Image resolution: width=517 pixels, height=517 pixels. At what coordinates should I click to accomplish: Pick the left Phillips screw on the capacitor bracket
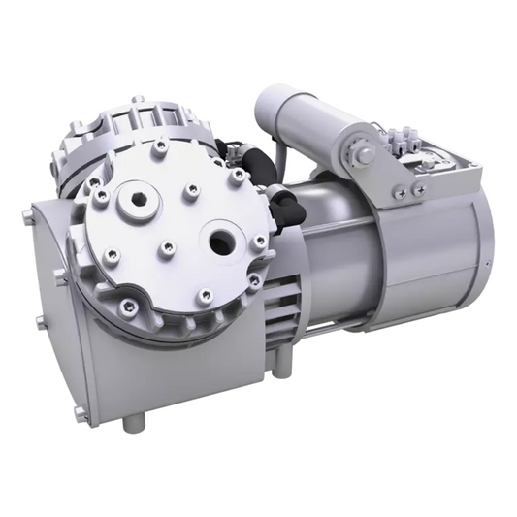click(x=399, y=194)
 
